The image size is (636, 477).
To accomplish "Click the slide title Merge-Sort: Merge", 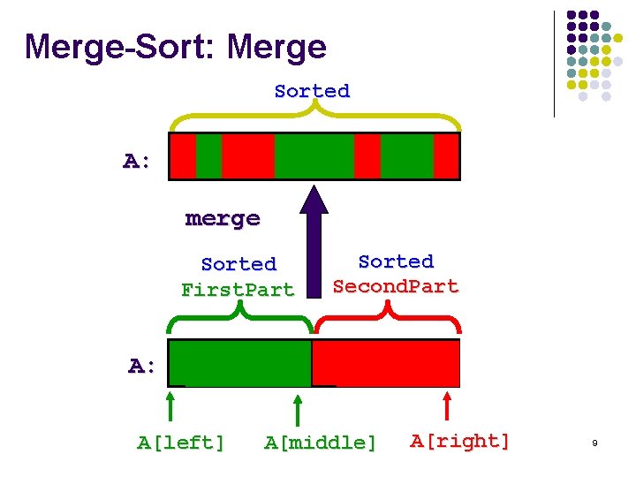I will [176, 47].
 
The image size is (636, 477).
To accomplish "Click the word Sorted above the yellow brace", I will [312, 91].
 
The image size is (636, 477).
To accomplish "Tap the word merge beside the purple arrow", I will [223, 218].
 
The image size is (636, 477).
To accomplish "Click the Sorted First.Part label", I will [238, 276].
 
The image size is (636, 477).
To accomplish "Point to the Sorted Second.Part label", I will [396, 274].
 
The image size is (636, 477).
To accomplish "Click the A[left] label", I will [181, 443].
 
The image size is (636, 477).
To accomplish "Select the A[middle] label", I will [320, 443].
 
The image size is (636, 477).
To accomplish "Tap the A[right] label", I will [460, 441].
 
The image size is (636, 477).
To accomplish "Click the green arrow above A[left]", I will [170, 408].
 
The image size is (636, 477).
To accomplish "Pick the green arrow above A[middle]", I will [299, 411].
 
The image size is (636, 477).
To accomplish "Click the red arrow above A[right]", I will [448, 408].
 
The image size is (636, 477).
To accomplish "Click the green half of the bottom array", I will [239, 362].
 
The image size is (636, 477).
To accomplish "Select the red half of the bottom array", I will [386, 362].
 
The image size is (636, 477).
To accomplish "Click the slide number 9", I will [594, 443].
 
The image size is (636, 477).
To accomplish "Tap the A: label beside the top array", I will [137, 161].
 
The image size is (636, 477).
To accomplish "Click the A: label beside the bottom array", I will [142, 366].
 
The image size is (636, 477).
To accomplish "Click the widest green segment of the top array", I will [314, 155].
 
